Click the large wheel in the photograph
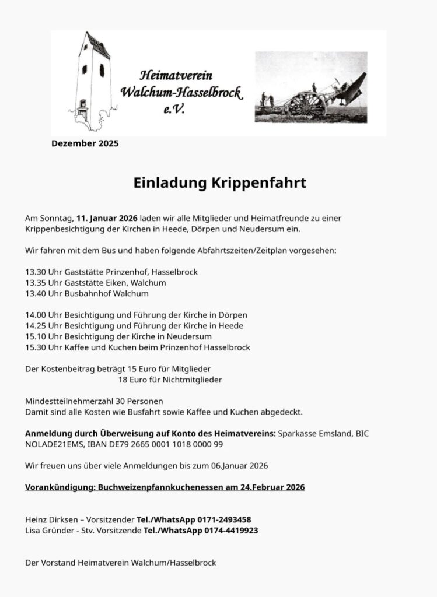click(306, 104)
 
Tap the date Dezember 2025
click(85, 143)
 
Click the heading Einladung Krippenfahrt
click(220, 183)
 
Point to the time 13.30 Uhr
click(45, 272)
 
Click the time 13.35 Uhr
click(45, 283)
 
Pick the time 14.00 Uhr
click(45, 315)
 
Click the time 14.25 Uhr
click(45, 326)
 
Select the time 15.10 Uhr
click(45, 336)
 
